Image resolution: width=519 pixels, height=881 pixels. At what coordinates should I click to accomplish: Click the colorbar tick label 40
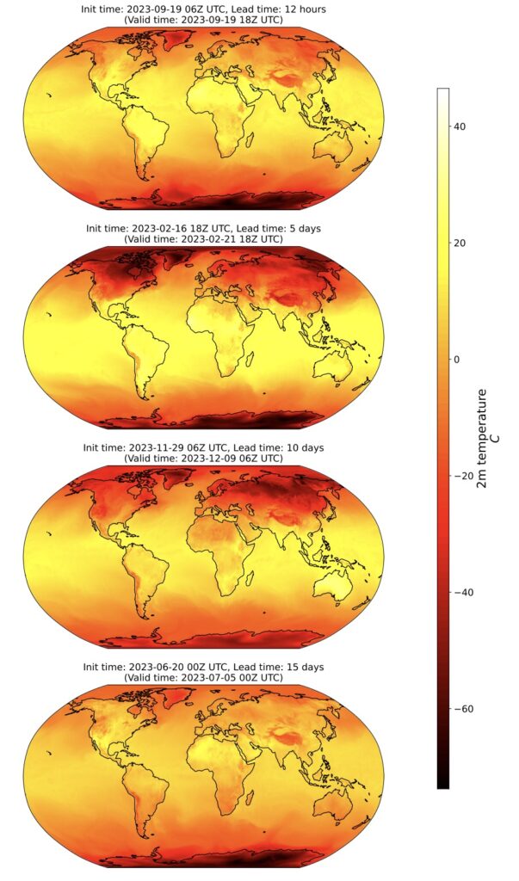tap(460, 126)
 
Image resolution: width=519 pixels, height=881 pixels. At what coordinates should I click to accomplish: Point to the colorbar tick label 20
tap(460, 243)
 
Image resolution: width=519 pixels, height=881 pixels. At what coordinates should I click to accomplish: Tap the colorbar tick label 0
tap(457, 359)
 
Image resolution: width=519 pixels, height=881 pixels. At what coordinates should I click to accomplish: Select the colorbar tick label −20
tap(462, 476)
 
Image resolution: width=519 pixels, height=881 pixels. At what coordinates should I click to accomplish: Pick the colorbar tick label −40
tap(462, 592)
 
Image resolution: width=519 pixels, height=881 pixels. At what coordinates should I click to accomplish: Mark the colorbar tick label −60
tap(462, 708)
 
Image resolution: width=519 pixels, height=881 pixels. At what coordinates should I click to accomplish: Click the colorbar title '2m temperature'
tap(482, 439)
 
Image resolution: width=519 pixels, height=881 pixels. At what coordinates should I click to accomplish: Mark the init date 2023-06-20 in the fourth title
tap(152, 667)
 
